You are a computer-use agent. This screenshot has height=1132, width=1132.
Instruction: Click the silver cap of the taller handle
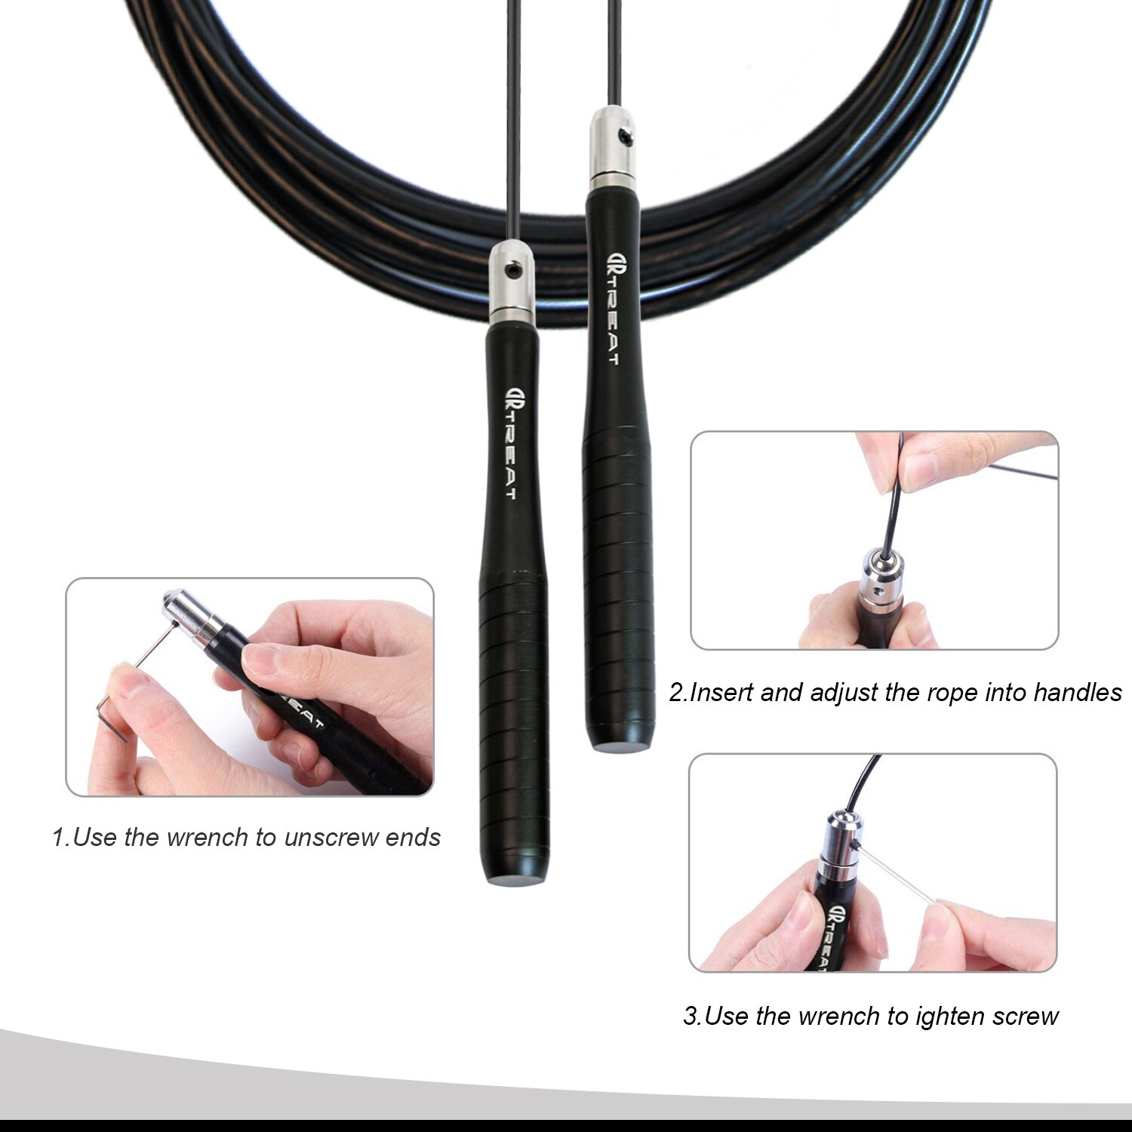[x=612, y=149]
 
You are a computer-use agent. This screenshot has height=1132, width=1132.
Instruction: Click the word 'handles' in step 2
[x=1078, y=692]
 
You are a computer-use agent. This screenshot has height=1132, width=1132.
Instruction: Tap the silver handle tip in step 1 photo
[x=192, y=615]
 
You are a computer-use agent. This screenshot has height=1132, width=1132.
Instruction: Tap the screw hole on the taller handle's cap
[x=623, y=137]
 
